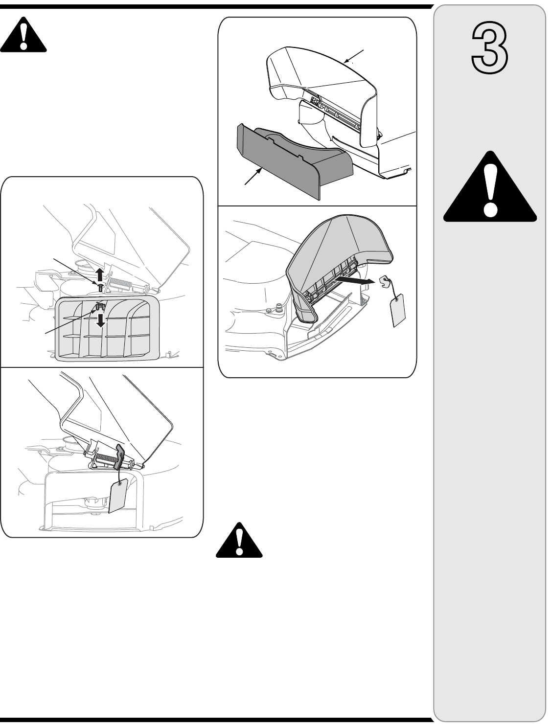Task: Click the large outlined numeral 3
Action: [x=489, y=47]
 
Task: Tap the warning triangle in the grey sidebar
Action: [x=490, y=186]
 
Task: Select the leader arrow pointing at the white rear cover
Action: [x=354, y=56]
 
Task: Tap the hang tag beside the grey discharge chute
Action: [x=397, y=310]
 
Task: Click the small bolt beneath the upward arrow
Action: [x=100, y=287]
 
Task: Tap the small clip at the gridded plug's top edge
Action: [x=100, y=307]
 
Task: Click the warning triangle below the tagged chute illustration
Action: [x=239, y=540]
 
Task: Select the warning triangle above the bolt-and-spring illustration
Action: [x=23, y=34]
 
